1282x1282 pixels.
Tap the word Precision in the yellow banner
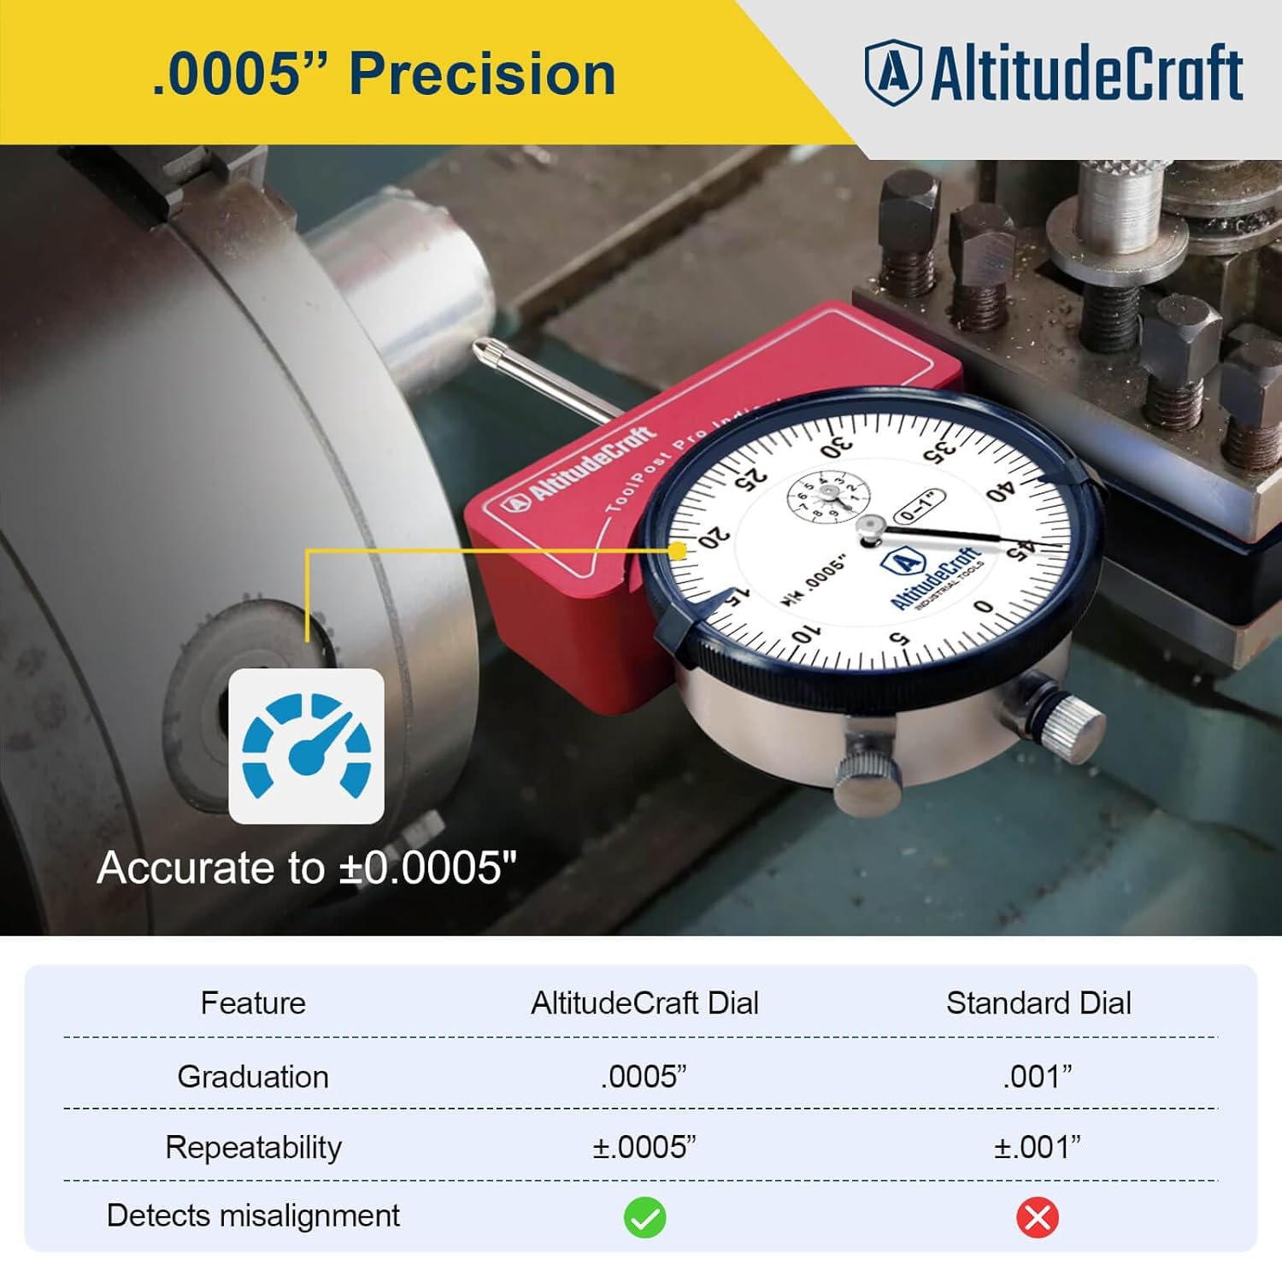tap(483, 74)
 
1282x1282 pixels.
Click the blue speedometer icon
tap(307, 745)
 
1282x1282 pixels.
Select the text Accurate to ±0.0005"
tap(308, 868)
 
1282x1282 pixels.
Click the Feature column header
tap(253, 1003)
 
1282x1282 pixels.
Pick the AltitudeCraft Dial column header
tap(644, 1003)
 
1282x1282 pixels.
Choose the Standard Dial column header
tap(1038, 1003)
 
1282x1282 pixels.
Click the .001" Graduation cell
tap(1038, 1076)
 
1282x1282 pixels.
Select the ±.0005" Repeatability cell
tap(644, 1147)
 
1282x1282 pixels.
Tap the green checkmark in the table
tap(644, 1217)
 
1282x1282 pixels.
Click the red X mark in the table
tap(1038, 1217)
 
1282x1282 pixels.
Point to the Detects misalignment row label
tap(253, 1215)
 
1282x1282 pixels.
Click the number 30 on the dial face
tap(836, 448)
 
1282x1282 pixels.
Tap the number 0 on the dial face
tap(984, 606)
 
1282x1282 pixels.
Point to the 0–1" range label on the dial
tap(919, 507)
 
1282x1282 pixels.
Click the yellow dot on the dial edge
tap(677, 550)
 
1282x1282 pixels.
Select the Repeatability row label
tap(253, 1147)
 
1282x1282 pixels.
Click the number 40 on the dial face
tap(999, 493)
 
